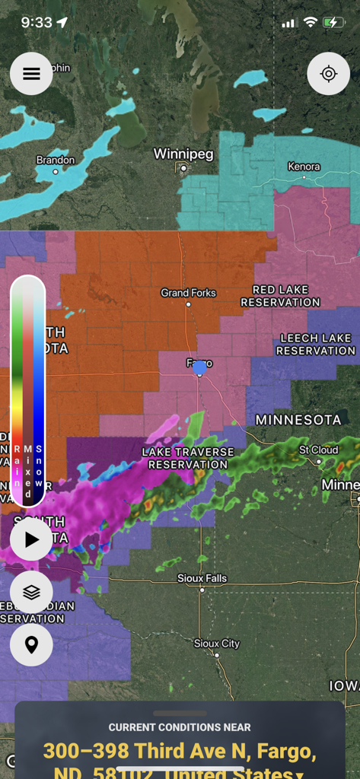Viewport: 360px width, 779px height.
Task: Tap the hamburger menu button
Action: tap(31, 74)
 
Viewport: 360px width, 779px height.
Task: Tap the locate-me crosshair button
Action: tap(328, 74)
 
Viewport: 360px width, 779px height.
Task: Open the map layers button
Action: tap(31, 592)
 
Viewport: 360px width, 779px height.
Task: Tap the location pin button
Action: tap(31, 644)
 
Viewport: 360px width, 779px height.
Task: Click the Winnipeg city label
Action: tap(183, 154)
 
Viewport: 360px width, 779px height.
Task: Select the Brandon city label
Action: tap(56, 160)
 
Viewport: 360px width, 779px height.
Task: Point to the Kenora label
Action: tap(304, 167)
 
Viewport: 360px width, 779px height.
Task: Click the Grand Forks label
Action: tap(188, 293)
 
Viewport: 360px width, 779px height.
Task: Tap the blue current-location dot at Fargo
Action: tap(199, 368)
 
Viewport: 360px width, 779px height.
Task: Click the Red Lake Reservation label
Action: tap(280, 296)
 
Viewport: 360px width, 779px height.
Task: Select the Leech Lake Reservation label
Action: tap(315, 344)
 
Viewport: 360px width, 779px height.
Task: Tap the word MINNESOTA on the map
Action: tap(298, 420)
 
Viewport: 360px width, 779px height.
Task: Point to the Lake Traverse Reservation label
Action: tap(188, 458)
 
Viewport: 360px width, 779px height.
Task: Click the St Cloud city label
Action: tap(318, 450)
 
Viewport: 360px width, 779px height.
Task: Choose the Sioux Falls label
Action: tap(202, 578)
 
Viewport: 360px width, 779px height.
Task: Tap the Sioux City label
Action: tap(217, 644)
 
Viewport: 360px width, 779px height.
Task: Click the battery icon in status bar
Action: tap(333, 23)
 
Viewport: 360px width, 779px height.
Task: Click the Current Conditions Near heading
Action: tap(180, 727)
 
